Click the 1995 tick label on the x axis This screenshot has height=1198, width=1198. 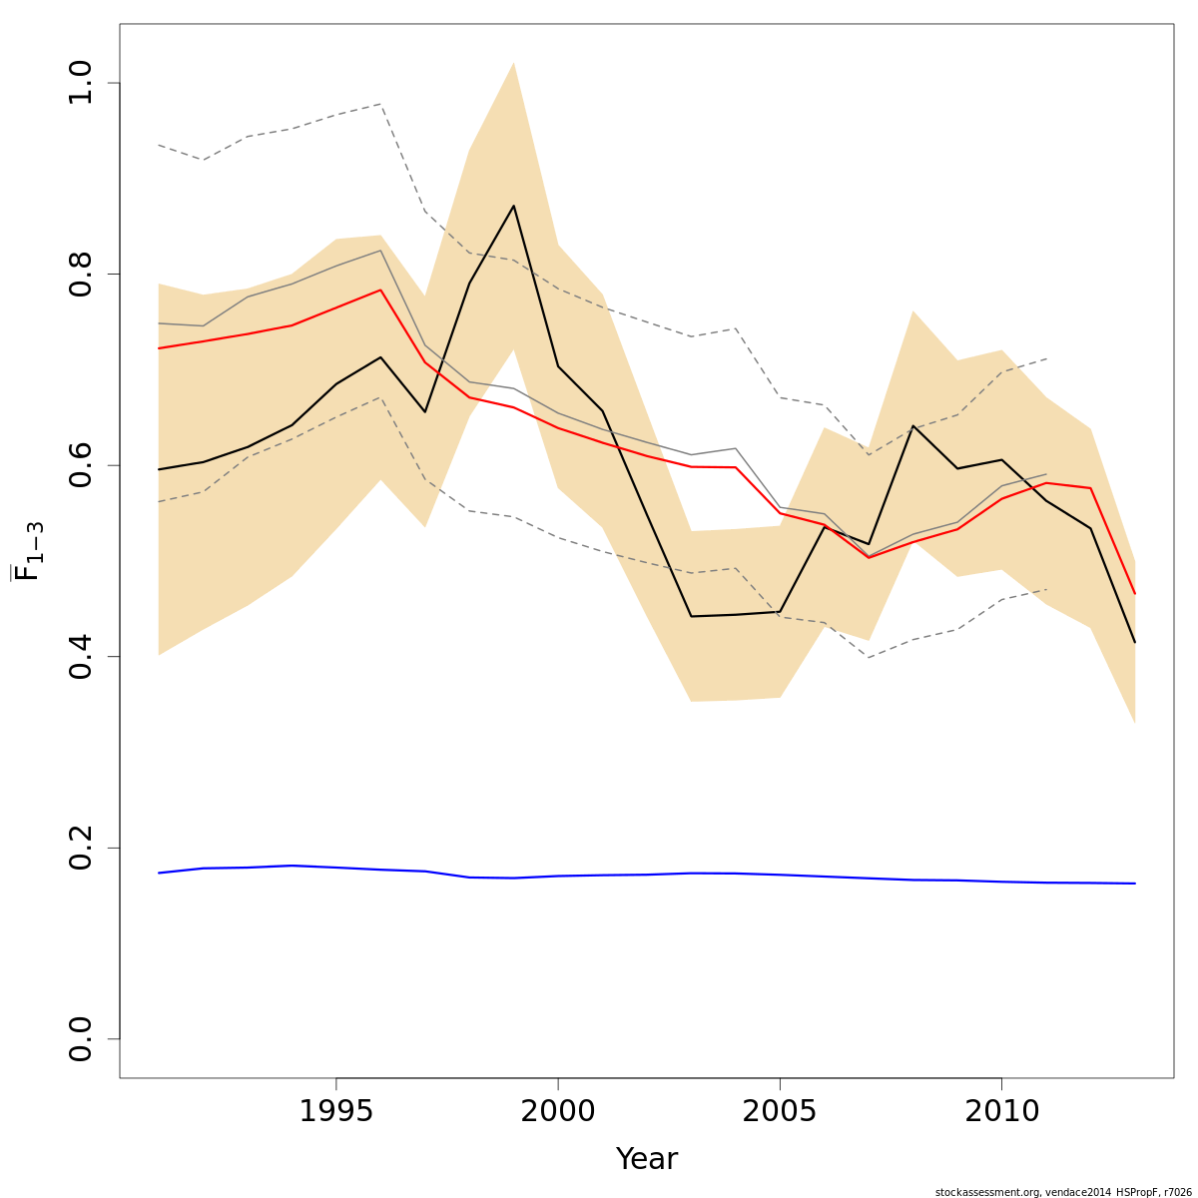tap(336, 1111)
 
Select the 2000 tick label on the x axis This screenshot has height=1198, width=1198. tap(558, 1111)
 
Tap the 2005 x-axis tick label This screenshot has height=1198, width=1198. tap(780, 1111)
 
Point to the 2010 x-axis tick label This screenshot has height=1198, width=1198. tap(1001, 1111)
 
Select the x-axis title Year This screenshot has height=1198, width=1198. tap(646, 1160)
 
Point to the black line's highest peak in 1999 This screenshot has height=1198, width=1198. tap(513, 206)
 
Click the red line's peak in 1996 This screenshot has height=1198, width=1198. tap(380, 290)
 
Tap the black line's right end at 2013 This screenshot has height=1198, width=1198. tap(1135, 642)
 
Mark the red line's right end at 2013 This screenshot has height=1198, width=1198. tap(1135, 594)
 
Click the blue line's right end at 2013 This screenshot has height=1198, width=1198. tap(1135, 884)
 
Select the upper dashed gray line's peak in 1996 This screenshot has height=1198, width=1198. tap(380, 104)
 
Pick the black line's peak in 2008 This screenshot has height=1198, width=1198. tap(912, 426)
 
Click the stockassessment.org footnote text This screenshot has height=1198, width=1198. tap(1063, 1192)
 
